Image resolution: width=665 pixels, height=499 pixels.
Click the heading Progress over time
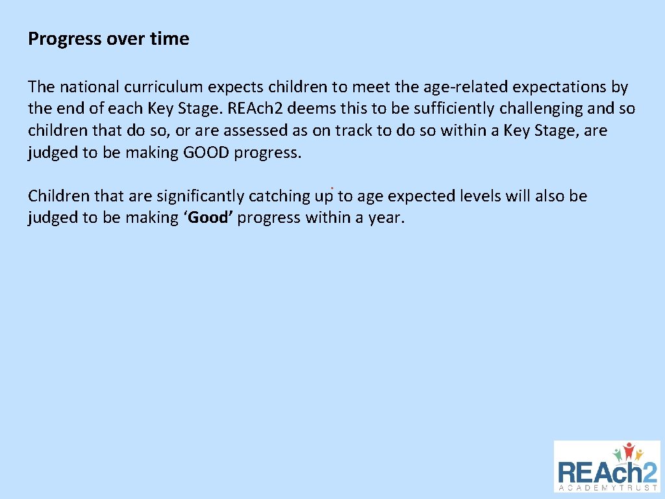point(108,39)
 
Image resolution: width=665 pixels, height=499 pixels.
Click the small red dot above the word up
point(332,188)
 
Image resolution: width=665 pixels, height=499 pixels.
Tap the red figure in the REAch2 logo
point(628,450)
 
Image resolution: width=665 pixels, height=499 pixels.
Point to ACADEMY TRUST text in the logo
point(607,487)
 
